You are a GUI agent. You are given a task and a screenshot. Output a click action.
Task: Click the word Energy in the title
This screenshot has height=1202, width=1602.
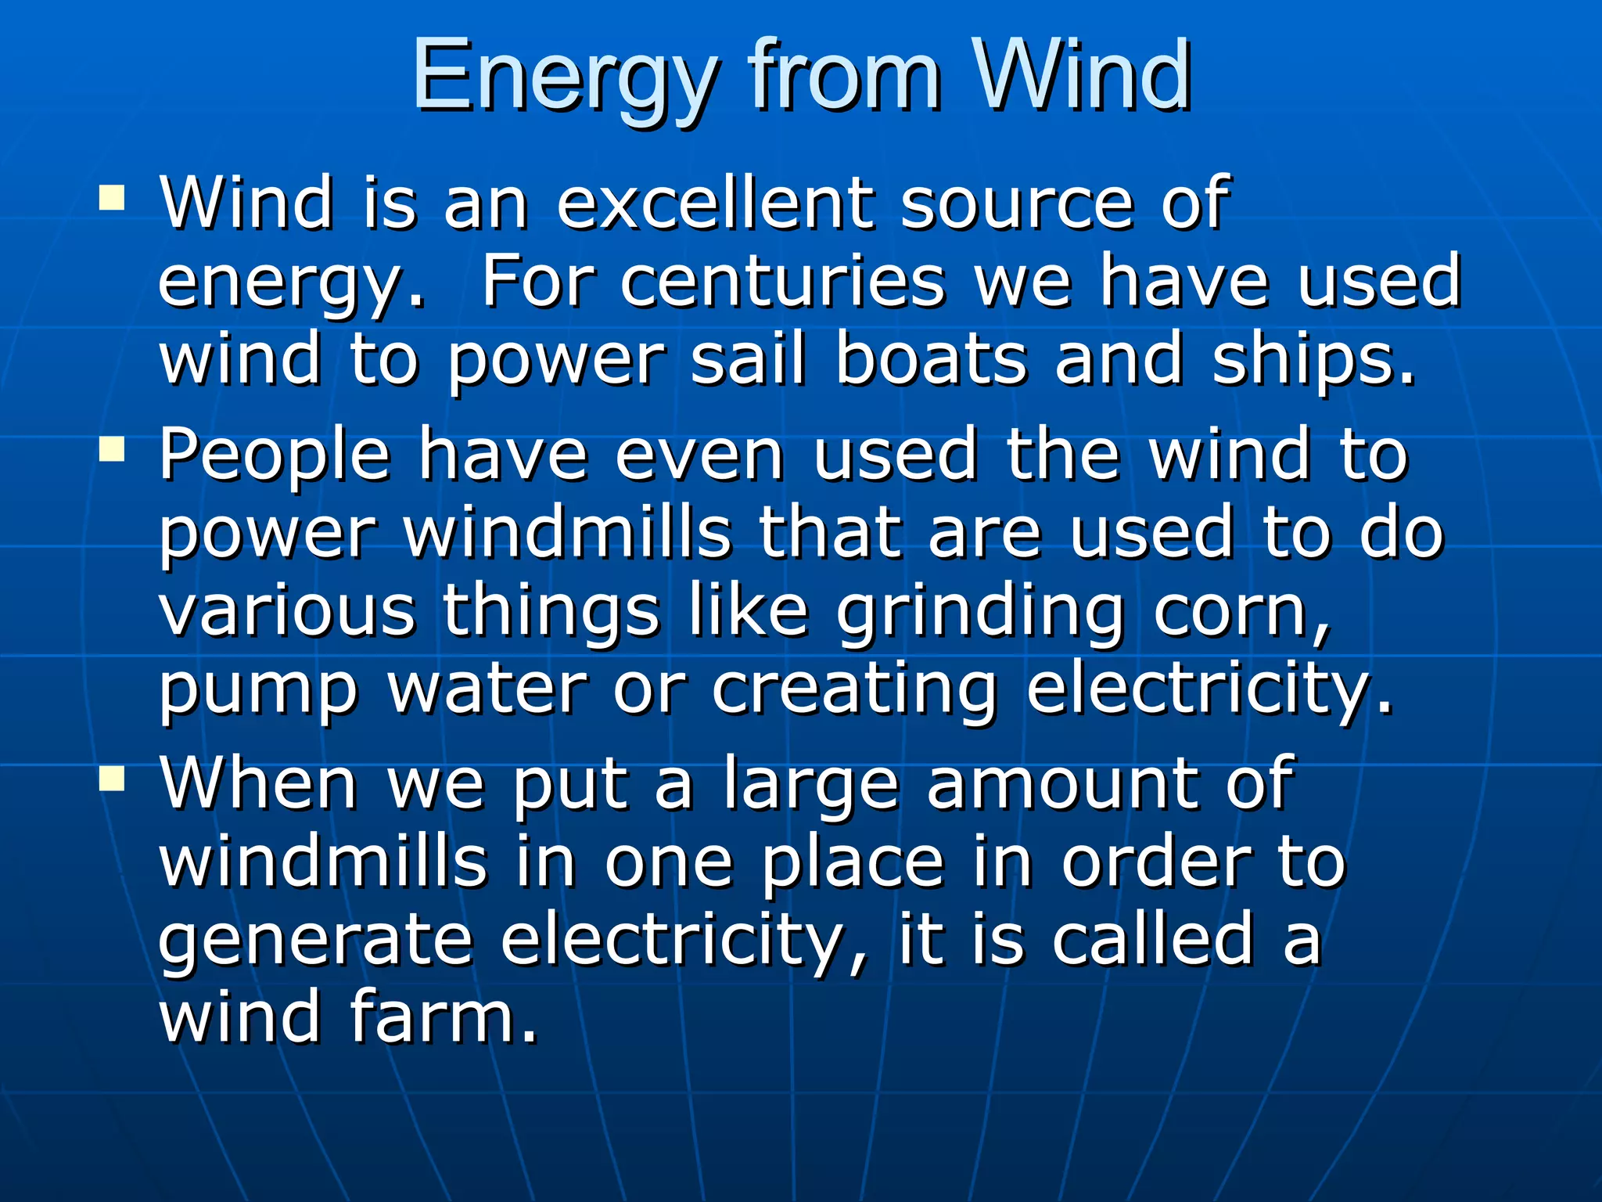point(563,78)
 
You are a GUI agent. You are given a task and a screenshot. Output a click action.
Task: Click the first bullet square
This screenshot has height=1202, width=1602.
point(113,199)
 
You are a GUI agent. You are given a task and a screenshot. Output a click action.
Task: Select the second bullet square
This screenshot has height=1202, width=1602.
point(113,450)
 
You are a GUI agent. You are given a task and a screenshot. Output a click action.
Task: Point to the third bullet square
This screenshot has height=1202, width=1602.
point(113,779)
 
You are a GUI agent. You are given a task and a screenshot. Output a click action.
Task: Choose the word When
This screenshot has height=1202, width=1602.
point(259,783)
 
